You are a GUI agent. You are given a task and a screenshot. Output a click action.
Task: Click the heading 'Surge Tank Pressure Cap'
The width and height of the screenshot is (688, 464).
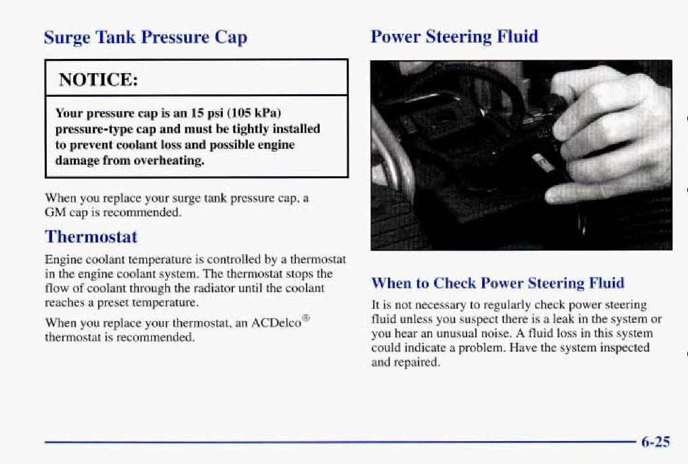(x=146, y=38)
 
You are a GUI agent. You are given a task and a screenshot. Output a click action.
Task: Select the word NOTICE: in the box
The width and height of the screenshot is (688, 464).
(x=98, y=80)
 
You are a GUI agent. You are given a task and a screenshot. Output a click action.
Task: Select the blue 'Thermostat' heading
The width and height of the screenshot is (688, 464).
(x=91, y=237)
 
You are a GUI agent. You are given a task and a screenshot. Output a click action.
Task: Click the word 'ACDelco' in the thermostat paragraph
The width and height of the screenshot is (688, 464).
(x=276, y=322)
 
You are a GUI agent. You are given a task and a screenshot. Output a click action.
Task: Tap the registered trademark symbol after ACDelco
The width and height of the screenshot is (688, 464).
(x=306, y=318)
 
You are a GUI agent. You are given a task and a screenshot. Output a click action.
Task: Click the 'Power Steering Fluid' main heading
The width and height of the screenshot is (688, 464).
(x=454, y=37)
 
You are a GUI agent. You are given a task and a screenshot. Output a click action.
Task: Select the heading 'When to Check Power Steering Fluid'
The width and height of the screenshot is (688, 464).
(x=498, y=283)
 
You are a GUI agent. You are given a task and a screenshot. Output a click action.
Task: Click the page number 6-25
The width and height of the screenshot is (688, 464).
(x=656, y=441)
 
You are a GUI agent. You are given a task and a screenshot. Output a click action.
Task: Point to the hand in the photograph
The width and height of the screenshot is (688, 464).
(x=614, y=136)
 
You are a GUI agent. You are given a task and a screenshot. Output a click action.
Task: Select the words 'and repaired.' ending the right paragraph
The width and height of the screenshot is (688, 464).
(x=406, y=362)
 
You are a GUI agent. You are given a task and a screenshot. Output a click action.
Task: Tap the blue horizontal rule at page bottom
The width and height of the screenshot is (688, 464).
(x=340, y=442)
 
